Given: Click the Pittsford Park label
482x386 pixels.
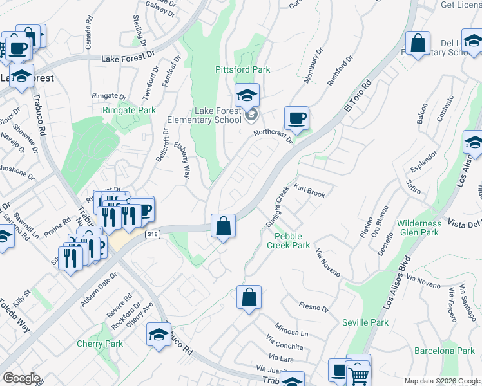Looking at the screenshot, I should (x=242, y=69).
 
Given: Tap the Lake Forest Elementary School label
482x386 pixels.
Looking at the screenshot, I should (x=204, y=115).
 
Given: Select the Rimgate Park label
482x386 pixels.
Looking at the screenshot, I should (x=129, y=111).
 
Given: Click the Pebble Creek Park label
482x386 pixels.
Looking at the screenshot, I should (x=288, y=241).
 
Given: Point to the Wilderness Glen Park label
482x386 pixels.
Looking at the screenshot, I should (x=419, y=228).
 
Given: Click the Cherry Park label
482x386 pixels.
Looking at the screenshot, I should (x=100, y=344).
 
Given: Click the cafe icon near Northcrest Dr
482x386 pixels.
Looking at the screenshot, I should (x=296, y=118).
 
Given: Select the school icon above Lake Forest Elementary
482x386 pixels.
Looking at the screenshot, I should (x=247, y=96).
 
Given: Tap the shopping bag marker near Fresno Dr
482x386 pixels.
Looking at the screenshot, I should (x=249, y=298).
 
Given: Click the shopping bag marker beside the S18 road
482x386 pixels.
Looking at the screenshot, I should (x=223, y=226).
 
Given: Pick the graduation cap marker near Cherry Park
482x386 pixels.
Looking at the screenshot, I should (x=158, y=335).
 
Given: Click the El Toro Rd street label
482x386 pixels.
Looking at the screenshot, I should (x=358, y=95).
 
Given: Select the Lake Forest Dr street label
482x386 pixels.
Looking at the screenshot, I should (x=130, y=58).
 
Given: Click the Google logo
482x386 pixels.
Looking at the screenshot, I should (x=21, y=378).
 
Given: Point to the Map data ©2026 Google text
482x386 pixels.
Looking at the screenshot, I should (x=442, y=381).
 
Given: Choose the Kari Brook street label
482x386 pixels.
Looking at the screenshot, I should (x=310, y=190).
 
